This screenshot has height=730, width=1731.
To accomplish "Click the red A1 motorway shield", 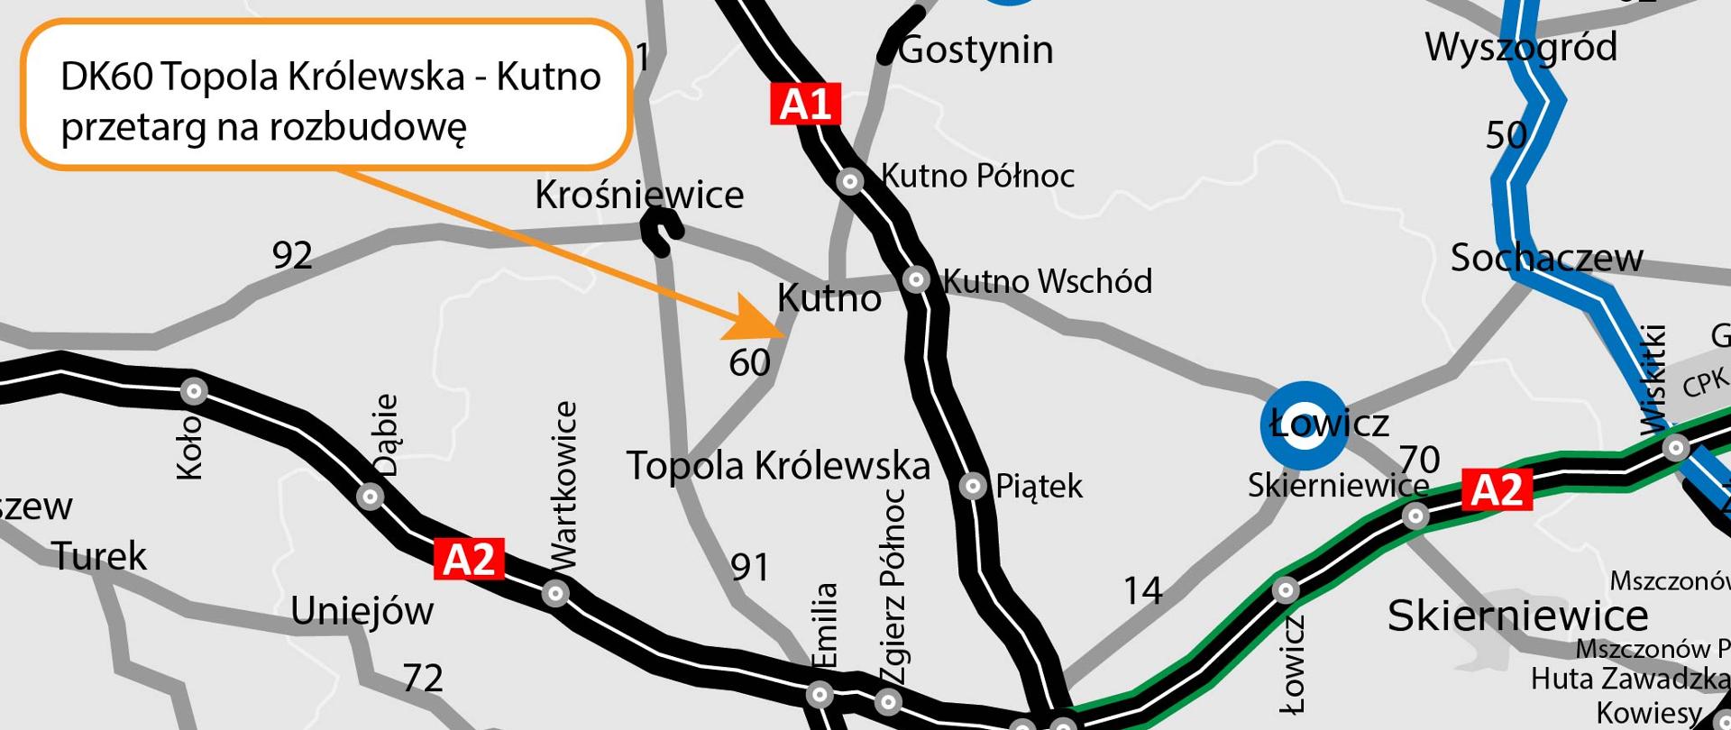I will [804, 105].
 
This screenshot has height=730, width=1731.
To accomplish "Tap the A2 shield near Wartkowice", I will [469, 560].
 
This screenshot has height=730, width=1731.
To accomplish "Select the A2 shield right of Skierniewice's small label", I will [1496, 489].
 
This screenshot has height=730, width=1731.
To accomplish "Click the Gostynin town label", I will [976, 50].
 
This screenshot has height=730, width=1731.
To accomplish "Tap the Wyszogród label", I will [1521, 47].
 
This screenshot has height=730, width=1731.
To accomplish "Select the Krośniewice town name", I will [639, 195].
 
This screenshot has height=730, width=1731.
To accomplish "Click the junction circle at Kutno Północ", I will [849, 182].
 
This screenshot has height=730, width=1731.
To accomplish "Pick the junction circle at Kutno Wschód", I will [916, 279].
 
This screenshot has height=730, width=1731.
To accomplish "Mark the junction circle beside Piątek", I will [972, 487].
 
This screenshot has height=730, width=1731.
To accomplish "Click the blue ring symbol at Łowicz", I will [1303, 427].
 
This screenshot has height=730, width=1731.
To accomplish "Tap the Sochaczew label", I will [1546, 259].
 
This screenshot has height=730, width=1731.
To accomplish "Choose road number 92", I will [292, 256].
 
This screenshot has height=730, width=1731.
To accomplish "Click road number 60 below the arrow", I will [749, 363].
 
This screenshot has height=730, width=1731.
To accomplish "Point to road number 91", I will [750, 568].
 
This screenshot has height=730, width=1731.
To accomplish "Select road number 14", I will [1142, 591].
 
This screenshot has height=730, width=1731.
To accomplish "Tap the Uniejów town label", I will [362, 612].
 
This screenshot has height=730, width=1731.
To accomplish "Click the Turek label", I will [99, 556].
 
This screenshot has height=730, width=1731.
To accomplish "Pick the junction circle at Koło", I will [194, 391].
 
